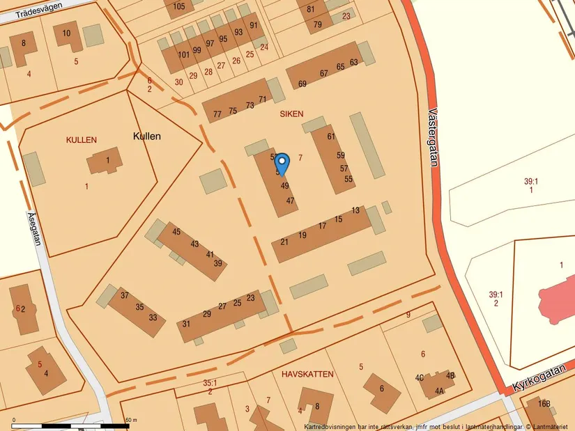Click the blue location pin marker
(282, 163)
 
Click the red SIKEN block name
(291, 112)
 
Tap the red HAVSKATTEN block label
(307, 374)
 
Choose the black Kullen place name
(146, 136)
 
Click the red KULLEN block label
(82, 140)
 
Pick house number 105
(179, 7)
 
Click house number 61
(331, 136)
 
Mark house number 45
(176, 232)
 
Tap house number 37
(125, 295)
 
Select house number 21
(284, 242)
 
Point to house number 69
(302, 84)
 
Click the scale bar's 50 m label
(130, 420)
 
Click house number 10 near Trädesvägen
(66, 33)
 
